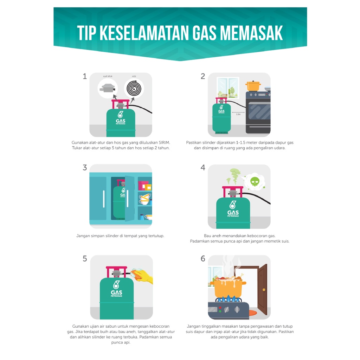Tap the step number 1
coord(85,76)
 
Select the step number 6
coord(203,259)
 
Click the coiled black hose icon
coord(134,88)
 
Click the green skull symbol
coord(255,181)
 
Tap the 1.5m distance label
coord(238,114)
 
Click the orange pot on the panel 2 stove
coord(253,86)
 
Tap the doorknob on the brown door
coord(264,290)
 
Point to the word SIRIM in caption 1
coord(165,143)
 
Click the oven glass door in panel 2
coord(259,111)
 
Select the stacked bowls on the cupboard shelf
coord(145,199)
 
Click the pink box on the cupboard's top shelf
coord(143,185)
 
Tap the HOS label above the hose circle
coord(134,76)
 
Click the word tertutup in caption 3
coord(156,236)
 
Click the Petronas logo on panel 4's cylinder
coord(233,209)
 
